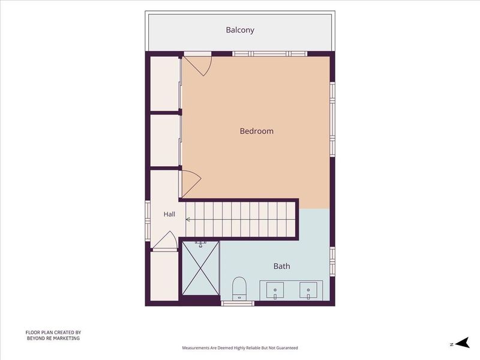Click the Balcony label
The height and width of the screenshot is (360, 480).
240,30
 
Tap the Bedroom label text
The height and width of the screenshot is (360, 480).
257,131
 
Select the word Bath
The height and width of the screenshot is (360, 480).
281,266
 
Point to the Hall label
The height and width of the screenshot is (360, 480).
169,214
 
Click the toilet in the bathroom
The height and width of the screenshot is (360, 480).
239,289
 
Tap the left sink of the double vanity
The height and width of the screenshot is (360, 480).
275,290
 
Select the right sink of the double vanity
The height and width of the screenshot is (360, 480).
308,290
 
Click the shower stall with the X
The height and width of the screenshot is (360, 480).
200,268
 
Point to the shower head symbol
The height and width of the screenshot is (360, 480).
200,244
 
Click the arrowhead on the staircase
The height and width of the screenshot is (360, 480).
188,219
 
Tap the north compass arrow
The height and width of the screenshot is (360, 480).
463,343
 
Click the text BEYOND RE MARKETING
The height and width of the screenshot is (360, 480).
53,338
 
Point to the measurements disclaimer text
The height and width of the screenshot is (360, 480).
240,348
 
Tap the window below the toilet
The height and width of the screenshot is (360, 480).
238,304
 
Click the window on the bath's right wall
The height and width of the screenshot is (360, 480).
332,262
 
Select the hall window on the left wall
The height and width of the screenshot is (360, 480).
148,220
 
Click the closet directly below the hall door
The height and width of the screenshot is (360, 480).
164,276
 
